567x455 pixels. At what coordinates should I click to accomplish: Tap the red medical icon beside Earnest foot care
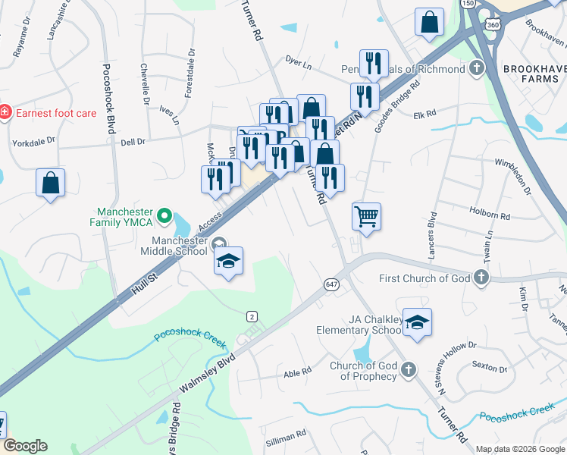tap(5, 113)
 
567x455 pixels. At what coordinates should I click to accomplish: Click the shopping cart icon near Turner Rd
tap(366, 217)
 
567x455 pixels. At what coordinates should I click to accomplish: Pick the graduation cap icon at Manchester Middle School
tap(228, 262)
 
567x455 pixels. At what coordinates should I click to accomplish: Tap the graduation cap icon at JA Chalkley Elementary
tap(417, 322)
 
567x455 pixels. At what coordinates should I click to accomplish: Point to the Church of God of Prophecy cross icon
tap(408, 369)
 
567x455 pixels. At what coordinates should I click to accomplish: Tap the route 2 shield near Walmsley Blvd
tap(252, 315)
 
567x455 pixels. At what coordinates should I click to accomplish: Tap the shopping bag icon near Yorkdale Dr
tap(50, 183)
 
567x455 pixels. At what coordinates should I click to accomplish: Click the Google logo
tap(25, 446)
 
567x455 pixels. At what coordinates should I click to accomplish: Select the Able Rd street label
tap(297, 372)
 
